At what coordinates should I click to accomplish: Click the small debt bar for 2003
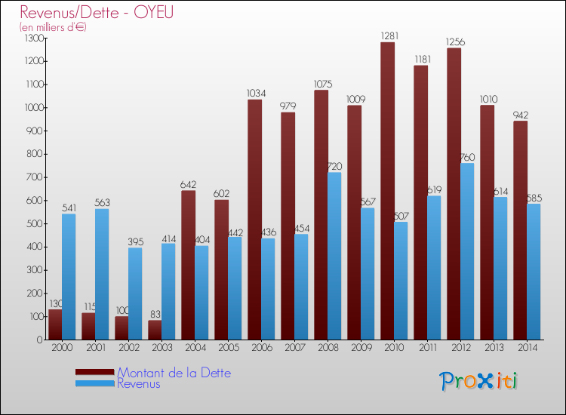tap(155, 330)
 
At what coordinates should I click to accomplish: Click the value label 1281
tap(389, 36)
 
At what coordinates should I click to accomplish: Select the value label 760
tap(468, 158)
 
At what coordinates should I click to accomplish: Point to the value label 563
tap(103, 203)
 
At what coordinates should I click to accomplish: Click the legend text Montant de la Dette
tap(174, 373)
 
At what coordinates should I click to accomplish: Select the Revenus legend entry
tap(139, 384)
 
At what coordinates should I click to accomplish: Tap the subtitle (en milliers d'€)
tap(54, 27)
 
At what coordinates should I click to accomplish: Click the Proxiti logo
tap(478, 381)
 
